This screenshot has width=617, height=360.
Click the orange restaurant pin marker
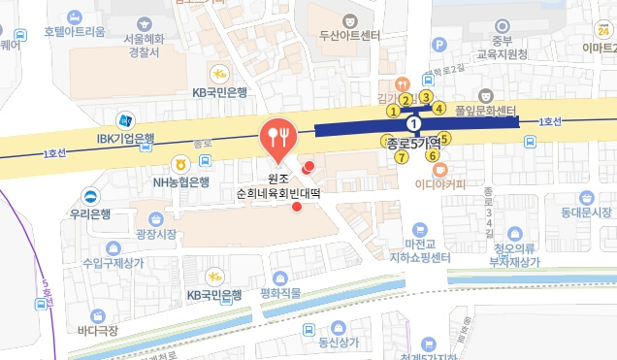(278, 138)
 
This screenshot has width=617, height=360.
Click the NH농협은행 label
(180, 181)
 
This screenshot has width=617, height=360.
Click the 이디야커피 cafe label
(439, 181)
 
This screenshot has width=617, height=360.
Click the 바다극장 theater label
(99, 330)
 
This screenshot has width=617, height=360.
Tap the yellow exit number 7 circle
(401, 157)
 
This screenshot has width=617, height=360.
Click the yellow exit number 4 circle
(439, 108)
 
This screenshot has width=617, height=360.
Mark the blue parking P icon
(438, 44)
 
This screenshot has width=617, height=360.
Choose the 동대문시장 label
(586, 212)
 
